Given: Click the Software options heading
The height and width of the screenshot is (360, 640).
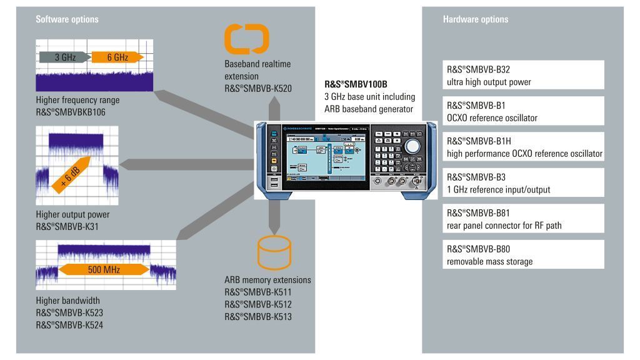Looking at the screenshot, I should pos(62,19).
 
